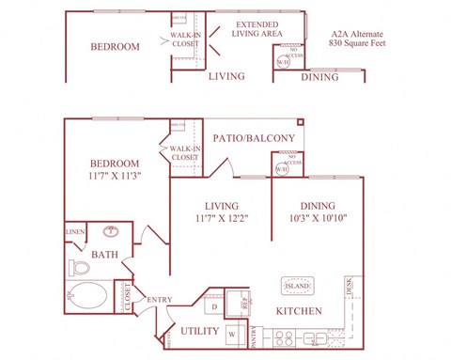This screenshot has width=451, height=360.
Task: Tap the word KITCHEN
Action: pos(300,311)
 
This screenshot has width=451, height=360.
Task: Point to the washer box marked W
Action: pos(231,332)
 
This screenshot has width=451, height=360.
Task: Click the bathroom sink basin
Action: pos(112,230)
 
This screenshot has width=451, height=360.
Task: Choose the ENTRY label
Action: pos(159,300)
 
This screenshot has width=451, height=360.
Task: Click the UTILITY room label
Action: pos(198,331)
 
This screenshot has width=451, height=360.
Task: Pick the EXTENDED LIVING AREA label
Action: pos(260,29)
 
